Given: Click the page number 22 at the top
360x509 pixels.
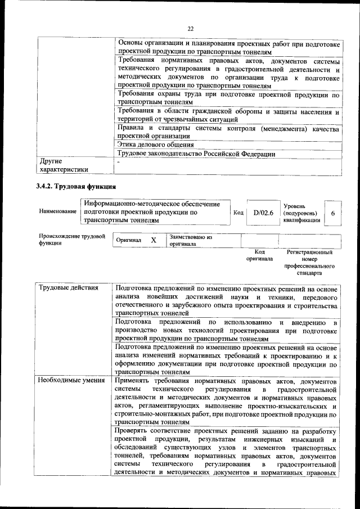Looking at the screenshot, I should pos(190,29).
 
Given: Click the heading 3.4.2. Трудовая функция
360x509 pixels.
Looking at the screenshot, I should pos(75,185).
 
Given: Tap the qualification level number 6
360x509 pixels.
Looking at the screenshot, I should pos(333,213).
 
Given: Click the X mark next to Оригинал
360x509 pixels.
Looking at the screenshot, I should pos(154,240).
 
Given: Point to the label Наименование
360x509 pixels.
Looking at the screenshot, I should pos(57,211).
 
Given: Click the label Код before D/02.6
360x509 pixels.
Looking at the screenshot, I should pos(237,213).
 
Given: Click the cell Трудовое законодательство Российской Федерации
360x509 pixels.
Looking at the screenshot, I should pos(195,154).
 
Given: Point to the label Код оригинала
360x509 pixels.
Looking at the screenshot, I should pos(259,256).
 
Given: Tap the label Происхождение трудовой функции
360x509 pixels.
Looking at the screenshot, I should pos(71,240).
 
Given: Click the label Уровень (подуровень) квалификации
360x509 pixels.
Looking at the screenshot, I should pos(303,213).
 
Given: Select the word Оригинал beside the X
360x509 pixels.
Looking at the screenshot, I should pos(128,240).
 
